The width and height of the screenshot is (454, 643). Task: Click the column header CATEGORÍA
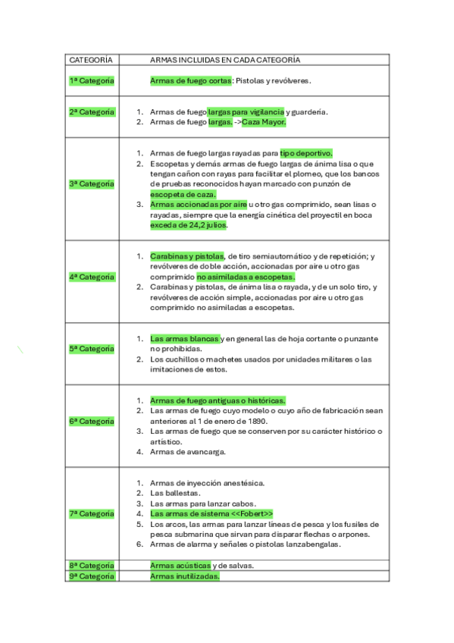pyautogui.click(x=90, y=59)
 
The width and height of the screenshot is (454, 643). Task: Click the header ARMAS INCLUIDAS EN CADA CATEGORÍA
pyautogui.click(x=225, y=59)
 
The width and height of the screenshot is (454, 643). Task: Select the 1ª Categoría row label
pyautogui.click(x=91, y=80)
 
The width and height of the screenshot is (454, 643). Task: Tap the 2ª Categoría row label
pyautogui.click(x=91, y=111)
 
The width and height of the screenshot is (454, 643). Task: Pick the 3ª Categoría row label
pyautogui.click(x=91, y=183)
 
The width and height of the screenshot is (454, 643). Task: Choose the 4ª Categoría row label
pyautogui.click(x=91, y=277)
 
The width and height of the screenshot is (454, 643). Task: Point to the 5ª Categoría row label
pyautogui.click(x=91, y=349)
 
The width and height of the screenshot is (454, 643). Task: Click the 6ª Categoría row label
pyautogui.click(x=91, y=421)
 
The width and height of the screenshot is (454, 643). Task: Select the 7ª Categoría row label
pyautogui.click(x=91, y=513)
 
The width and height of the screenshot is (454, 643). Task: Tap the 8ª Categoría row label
pyautogui.click(x=91, y=565)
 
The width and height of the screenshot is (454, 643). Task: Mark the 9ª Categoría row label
pyautogui.click(x=91, y=576)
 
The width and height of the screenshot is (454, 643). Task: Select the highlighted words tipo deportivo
pyautogui.click(x=305, y=153)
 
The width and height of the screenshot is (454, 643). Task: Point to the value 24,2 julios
pyautogui.click(x=199, y=225)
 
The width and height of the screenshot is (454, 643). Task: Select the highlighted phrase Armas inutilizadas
pyautogui.click(x=184, y=576)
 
